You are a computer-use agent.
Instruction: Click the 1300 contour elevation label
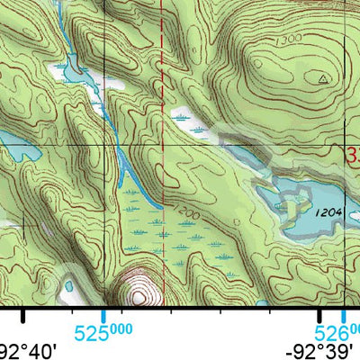[x=264, y=41]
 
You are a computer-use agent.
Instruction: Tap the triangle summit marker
[x=322, y=79]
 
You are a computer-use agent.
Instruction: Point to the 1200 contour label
[x=187, y=213]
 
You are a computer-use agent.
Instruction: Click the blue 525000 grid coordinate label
[x=103, y=333]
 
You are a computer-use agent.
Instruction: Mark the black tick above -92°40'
[x=22, y=314]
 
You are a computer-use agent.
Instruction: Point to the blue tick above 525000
[x=103, y=313]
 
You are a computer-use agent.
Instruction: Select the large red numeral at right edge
[x=353, y=155]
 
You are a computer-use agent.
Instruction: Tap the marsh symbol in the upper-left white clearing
[x=65, y=67]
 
